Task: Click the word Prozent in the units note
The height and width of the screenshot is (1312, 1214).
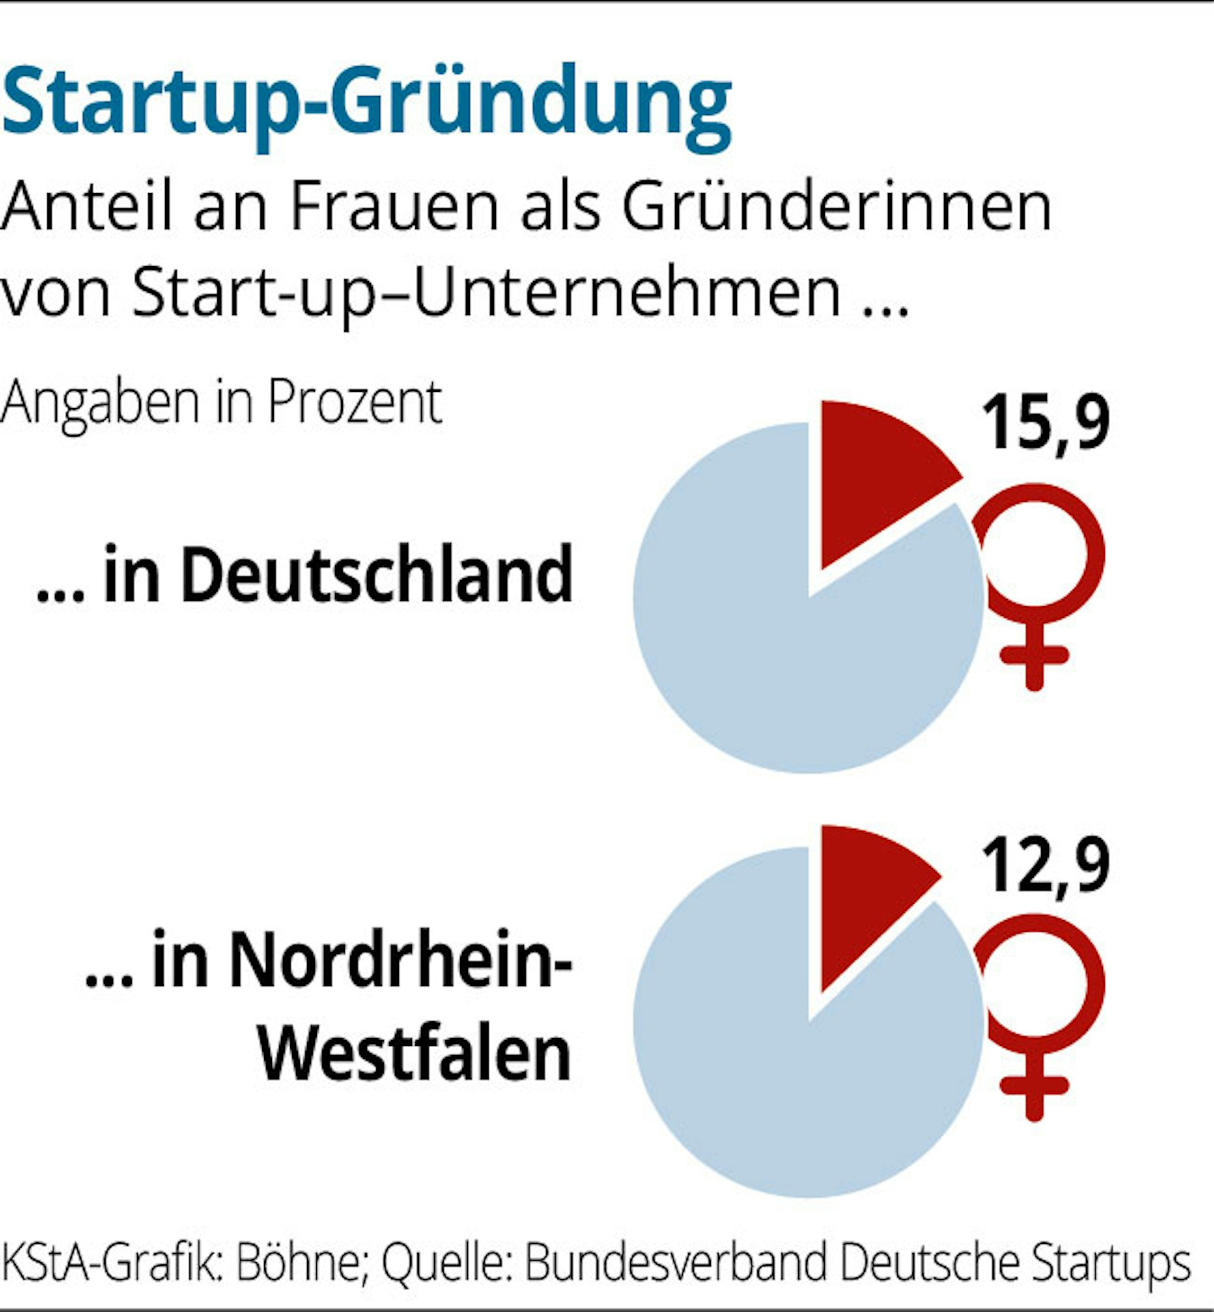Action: pos(354,402)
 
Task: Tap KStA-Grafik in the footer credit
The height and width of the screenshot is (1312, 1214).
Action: pos(109,1262)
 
